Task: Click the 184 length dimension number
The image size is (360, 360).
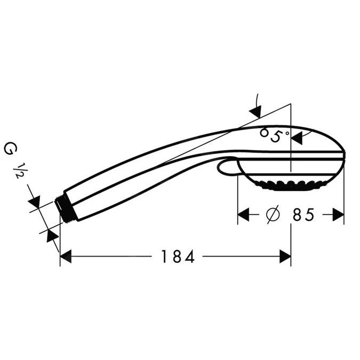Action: [178, 257]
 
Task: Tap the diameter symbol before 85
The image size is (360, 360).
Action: [272, 214]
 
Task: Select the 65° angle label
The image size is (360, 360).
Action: [274, 134]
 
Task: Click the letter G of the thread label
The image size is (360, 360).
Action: [9, 148]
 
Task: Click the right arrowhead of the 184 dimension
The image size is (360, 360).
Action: [285, 257]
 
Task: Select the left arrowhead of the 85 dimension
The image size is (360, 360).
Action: [244, 214]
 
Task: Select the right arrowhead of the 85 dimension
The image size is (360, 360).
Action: [338, 214]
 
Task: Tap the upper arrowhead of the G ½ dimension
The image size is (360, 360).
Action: [35, 202]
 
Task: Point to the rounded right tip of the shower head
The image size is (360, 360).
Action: [344, 156]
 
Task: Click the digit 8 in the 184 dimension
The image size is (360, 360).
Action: [178, 257]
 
